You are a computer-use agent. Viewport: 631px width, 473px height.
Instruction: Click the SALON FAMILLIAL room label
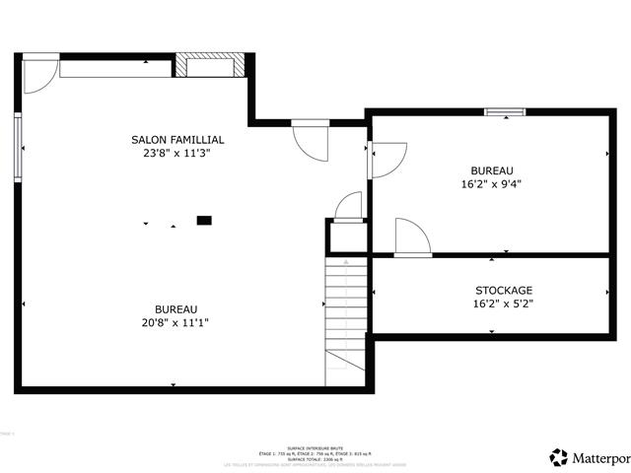click(x=177, y=140)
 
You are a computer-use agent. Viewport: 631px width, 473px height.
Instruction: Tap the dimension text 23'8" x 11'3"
click(x=177, y=154)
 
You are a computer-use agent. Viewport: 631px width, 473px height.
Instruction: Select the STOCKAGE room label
click(x=504, y=290)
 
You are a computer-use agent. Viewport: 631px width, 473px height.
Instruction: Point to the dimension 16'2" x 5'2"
click(x=504, y=304)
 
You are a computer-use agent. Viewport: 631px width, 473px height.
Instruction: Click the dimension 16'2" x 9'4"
click(x=490, y=183)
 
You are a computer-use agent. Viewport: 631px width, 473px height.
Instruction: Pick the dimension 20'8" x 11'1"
click(x=175, y=322)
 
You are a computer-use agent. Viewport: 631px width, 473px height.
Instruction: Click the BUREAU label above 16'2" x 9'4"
click(x=491, y=169)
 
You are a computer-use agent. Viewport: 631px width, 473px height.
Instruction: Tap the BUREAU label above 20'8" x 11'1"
click(x=175, y=308)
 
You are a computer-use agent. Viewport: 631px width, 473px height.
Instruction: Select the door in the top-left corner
click(x=38, y=76)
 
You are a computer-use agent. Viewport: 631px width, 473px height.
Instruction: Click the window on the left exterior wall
click(x=17, y=147)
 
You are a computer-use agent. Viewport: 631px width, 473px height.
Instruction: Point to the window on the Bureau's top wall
click(x=503, y=112)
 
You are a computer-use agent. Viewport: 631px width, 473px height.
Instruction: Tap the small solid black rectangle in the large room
click(x=204, y=221)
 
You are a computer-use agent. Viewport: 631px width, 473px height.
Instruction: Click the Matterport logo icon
click(x=559, y=457)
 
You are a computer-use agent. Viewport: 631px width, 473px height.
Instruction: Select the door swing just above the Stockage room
click(x=409, y=237)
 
